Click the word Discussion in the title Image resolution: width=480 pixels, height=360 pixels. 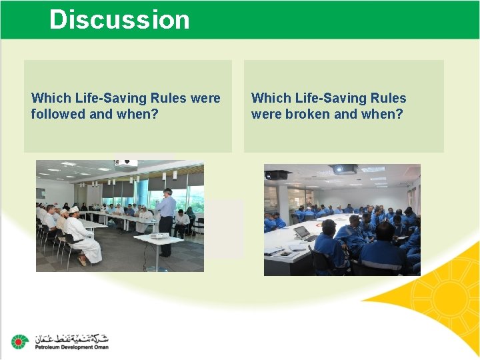tap(119, 19)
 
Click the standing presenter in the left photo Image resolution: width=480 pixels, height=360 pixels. tap(167, 220)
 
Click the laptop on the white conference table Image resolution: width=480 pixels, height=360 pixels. tap(303, 233)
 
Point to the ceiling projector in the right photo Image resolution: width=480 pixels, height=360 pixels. tap(344, 169)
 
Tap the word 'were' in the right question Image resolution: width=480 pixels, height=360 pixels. tap(266, 114)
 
